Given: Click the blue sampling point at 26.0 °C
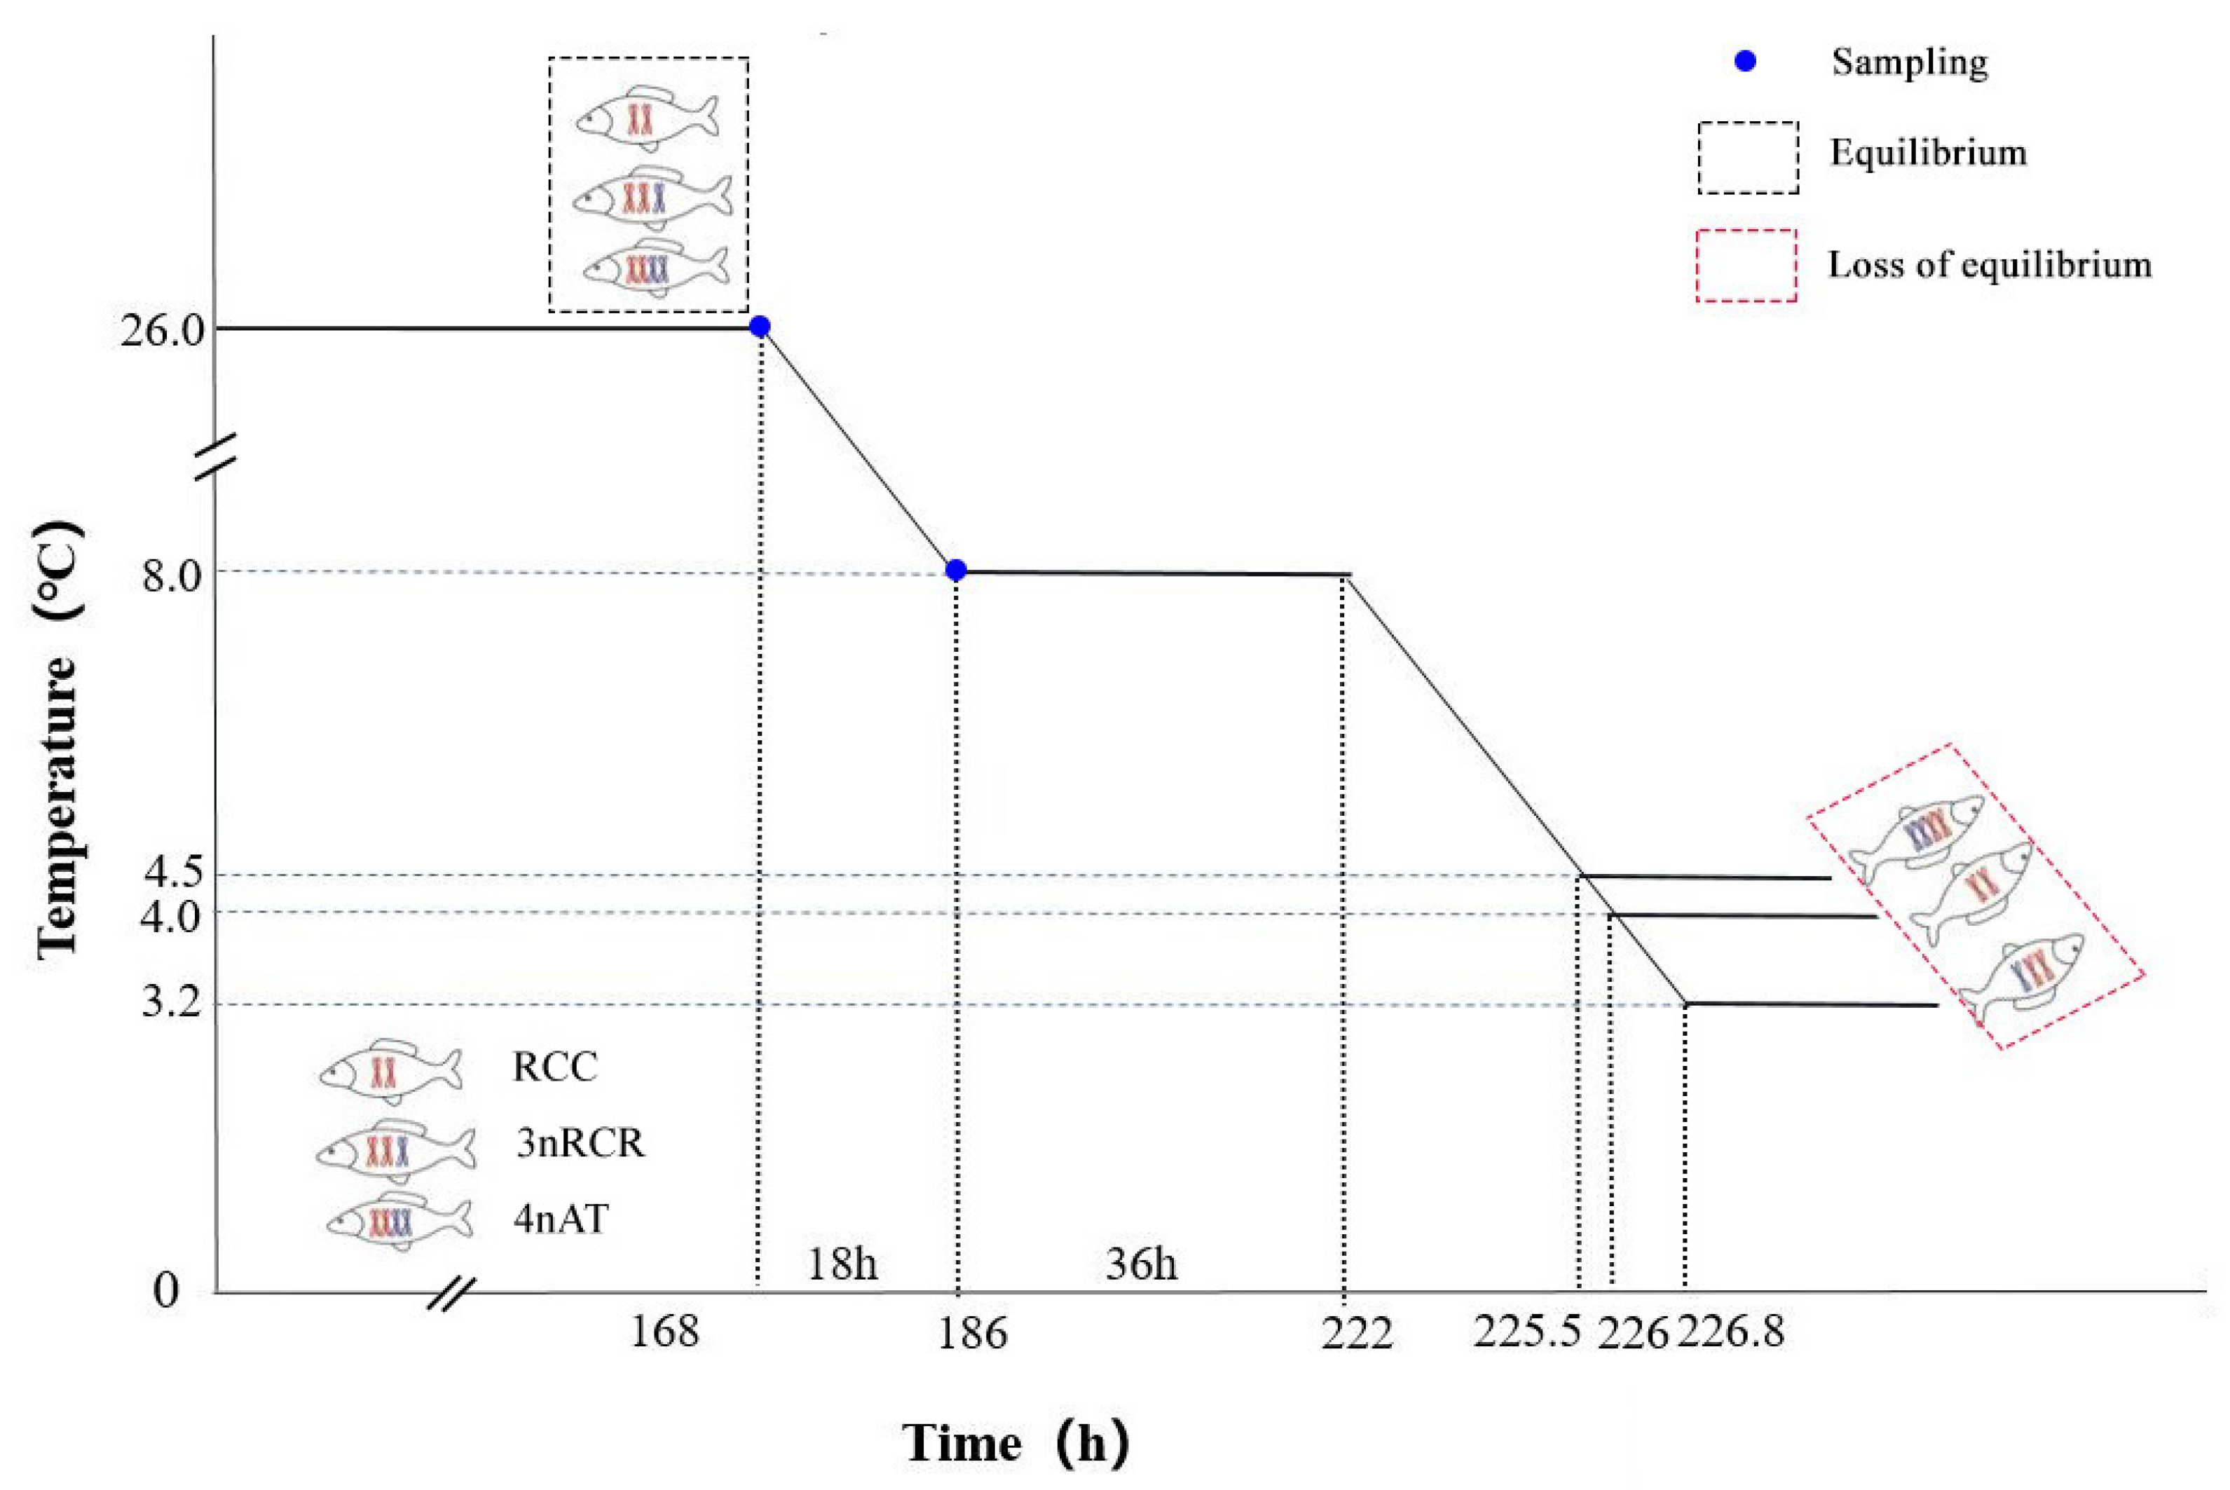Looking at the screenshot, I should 759,327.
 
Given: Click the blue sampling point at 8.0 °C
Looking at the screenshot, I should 956,570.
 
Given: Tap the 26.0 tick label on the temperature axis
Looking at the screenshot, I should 161,332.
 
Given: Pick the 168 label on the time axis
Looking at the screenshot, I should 664,1332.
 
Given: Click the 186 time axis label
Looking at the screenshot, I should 971,1333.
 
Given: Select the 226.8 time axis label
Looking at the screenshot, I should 1730,1332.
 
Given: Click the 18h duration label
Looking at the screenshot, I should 842,1264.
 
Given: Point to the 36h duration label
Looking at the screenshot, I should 1141,1264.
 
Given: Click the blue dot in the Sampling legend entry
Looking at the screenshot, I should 1746,62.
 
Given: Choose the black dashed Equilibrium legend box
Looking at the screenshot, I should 1749,158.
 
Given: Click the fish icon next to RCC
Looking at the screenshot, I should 390,1071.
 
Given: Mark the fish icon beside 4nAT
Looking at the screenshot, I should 399,1221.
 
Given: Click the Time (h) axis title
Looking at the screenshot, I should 1015,1442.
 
